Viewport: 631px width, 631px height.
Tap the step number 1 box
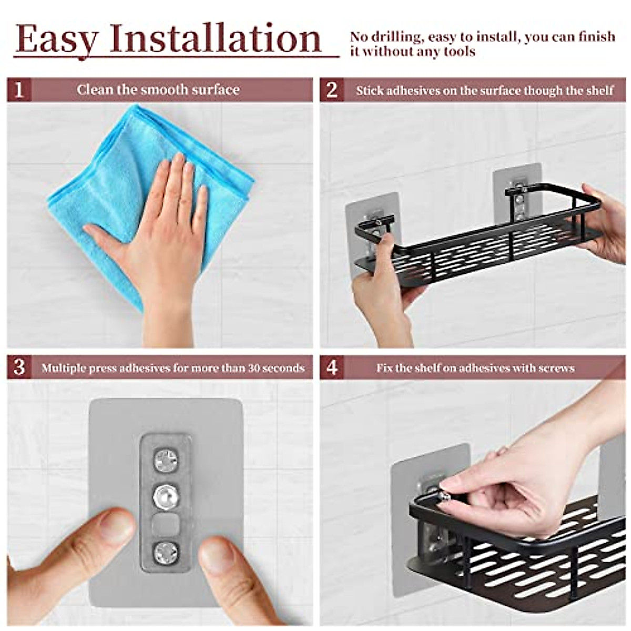[19, 90]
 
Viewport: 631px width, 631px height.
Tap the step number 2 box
[332, 90]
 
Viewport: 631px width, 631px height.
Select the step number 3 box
[19, 367]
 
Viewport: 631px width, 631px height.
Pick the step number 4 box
[332, 367]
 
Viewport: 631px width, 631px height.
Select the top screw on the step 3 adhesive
[166, 461]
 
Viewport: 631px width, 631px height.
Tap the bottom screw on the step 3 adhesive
[166, 552]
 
